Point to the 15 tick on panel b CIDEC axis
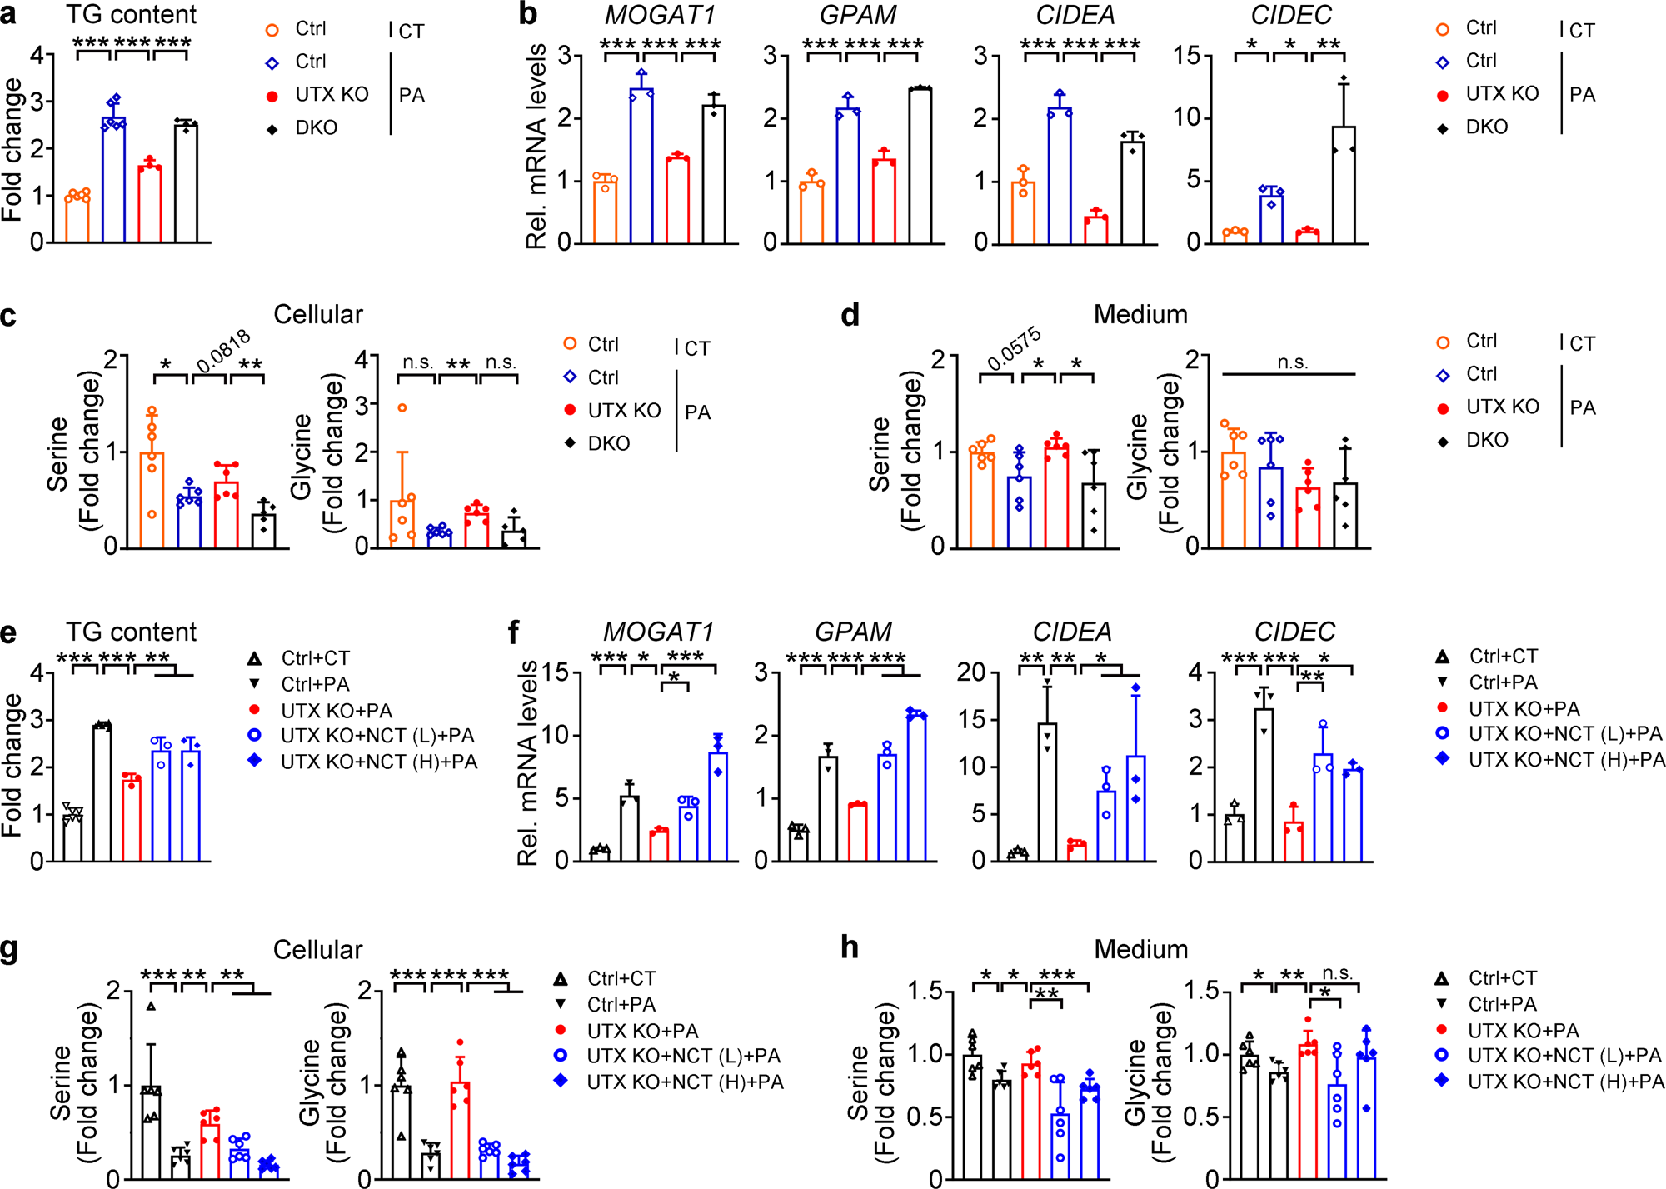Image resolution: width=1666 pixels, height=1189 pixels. tap(1186, 56)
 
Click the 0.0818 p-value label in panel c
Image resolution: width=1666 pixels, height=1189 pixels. tap(223, 352)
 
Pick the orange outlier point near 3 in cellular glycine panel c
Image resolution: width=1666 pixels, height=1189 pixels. tap(402, 408)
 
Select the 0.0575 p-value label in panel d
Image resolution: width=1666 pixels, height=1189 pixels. tap(1014, 349)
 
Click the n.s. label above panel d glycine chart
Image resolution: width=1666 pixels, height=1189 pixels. tap(1292, 362)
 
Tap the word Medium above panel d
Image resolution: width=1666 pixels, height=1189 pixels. tap(1140, 314)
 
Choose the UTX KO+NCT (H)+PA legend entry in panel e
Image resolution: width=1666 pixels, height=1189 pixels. tap(379, 762)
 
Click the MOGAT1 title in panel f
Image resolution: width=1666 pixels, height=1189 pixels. tap(657, 632)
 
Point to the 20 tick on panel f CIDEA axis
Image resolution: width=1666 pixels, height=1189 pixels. tap(970, 672)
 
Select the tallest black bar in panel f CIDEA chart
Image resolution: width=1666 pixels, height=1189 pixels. tap(1047, 792)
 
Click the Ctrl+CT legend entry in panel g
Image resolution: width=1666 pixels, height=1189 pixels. tap(621, 978)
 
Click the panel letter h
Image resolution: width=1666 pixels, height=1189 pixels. tap(850, 947)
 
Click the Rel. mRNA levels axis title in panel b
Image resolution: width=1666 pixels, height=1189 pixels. tap(536, 146)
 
